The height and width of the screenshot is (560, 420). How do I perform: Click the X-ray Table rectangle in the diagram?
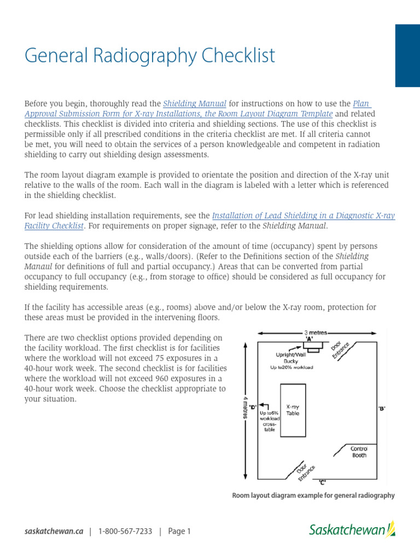(x=293, y=410)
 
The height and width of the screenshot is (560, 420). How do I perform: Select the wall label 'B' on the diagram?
(x=381, y=408)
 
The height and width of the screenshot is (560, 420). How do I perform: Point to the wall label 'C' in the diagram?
(x=323, y=482)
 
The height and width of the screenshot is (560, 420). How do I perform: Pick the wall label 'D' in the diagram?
(x=253, y=407)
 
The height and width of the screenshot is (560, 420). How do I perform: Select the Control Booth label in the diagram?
(x=359, y=452)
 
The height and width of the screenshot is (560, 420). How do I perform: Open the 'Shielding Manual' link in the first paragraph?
(x=195, y=103)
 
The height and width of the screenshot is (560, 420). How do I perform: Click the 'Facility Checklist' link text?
(x=54, y=225)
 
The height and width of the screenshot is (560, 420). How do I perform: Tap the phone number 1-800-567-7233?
(x=125, y=531)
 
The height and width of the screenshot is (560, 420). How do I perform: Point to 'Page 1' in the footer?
(x=179, y=531)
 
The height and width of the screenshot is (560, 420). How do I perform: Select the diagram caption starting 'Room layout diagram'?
(x=313, y=495)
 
